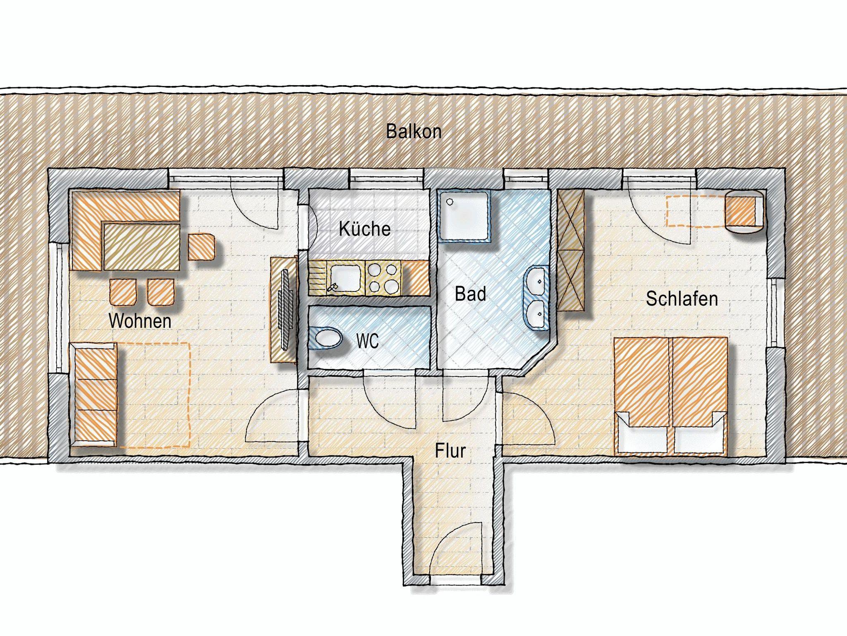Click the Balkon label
[x=414, y=132]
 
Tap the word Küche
[x=364, y=229]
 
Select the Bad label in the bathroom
[x=470, y=294]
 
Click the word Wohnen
[x=140, y=321]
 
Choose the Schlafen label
[x=682, y=299]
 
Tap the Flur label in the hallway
[x=450, y=451]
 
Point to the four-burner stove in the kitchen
[x=383, y=278]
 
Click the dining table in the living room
[x=141, y=247]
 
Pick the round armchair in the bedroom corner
[x=744, y=212]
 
